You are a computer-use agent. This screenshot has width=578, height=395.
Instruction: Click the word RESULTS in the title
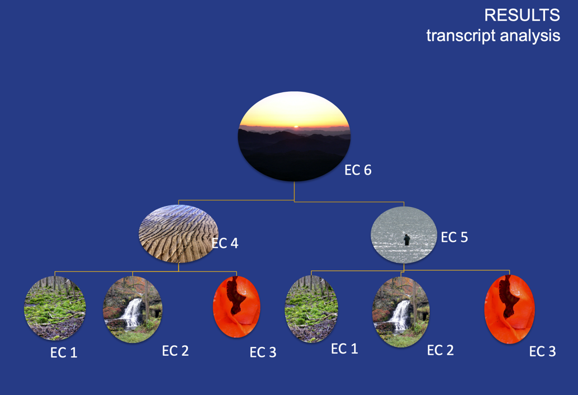[x=522, y=15]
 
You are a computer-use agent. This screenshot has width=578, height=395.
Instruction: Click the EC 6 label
[x=358, y=170]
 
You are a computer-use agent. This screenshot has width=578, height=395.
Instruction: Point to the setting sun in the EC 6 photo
[x=296, y=126]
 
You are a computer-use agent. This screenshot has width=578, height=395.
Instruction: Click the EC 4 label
[x=225, y=243]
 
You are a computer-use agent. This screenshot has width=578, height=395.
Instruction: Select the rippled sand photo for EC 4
[x=178, y=233]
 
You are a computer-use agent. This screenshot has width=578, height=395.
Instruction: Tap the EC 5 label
[x=454, y=237]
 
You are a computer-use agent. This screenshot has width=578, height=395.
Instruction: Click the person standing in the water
[x=406, y=239]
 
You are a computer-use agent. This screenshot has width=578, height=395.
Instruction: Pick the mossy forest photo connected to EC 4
[x=55, y=308]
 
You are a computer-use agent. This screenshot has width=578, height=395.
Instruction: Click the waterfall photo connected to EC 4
[x=132, y=309]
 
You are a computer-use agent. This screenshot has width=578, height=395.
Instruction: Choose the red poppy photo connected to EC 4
[x=236, y=307]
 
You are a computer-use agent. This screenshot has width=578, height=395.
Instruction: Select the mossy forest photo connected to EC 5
[x=311, y=309]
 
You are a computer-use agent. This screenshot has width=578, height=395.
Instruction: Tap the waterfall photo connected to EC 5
[x=401, y=312]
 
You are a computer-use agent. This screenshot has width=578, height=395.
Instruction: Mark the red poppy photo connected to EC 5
[x=509, y=309]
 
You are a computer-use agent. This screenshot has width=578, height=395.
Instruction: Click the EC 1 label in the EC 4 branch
[x=64, y=352]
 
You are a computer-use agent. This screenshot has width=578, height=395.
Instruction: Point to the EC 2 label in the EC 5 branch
[x=440, y=350]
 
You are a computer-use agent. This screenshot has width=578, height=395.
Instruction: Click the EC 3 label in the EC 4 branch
[x=263, y=352]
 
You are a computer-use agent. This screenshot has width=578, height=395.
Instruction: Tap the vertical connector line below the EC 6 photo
[x=294, y=191]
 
